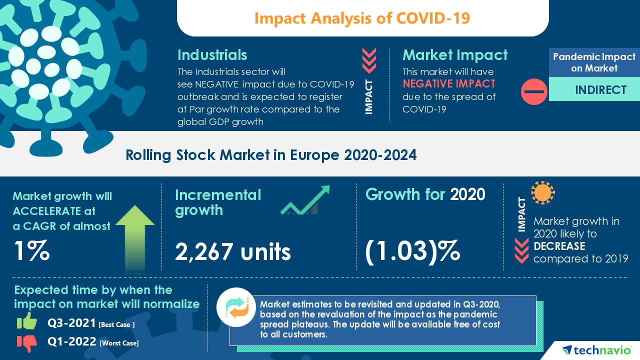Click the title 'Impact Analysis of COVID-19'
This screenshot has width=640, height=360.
coord(362,18)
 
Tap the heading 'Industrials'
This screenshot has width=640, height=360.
coord(212,54)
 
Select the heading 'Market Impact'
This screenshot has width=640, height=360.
coord(454,54)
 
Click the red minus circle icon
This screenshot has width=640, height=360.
coord(534,91)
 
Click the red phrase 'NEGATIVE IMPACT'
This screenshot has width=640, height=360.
coord(448,83)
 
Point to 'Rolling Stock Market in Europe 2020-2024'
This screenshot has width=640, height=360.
coord(270,155)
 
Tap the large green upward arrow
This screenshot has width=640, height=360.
coord(135,237)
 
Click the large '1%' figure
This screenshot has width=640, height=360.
coord(31,251)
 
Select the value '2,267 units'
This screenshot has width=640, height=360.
coord(232,252)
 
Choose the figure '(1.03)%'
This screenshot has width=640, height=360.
coord(412,251)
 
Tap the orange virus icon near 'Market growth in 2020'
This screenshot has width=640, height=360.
coord(542,192)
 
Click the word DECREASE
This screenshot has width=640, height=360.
coord(559,246)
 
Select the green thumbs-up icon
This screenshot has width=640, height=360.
coord(27,321)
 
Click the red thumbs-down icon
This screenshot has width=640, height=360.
coord(27,343)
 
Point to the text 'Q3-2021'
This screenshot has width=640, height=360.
coord(72,323)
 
